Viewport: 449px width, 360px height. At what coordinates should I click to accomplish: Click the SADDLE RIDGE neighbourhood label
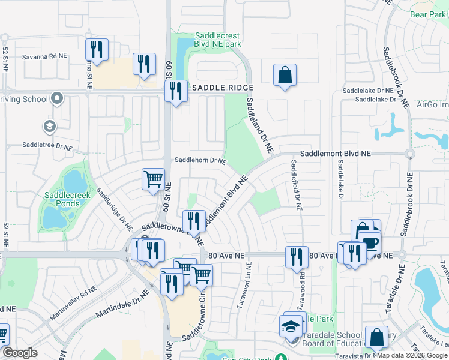pos(220,88)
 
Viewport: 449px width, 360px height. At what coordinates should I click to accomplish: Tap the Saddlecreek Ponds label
pos(62,199)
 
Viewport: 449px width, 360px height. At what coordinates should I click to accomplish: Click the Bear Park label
pos(429,14)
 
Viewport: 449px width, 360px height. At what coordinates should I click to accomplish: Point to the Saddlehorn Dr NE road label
pos(200,161)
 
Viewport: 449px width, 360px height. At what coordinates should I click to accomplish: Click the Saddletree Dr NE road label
pos(47,145)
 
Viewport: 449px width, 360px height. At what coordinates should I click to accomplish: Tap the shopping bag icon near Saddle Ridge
pos(285,76)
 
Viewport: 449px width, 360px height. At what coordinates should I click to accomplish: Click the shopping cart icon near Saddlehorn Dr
pos(153,178)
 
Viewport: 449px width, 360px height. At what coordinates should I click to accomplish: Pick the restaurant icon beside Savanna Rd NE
pos(96,49)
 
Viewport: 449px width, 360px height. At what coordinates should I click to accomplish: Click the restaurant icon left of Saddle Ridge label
pos(176,92)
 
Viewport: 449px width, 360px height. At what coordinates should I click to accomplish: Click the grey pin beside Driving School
pos(57,98)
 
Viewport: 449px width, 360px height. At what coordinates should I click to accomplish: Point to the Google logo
pos(20,353)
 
